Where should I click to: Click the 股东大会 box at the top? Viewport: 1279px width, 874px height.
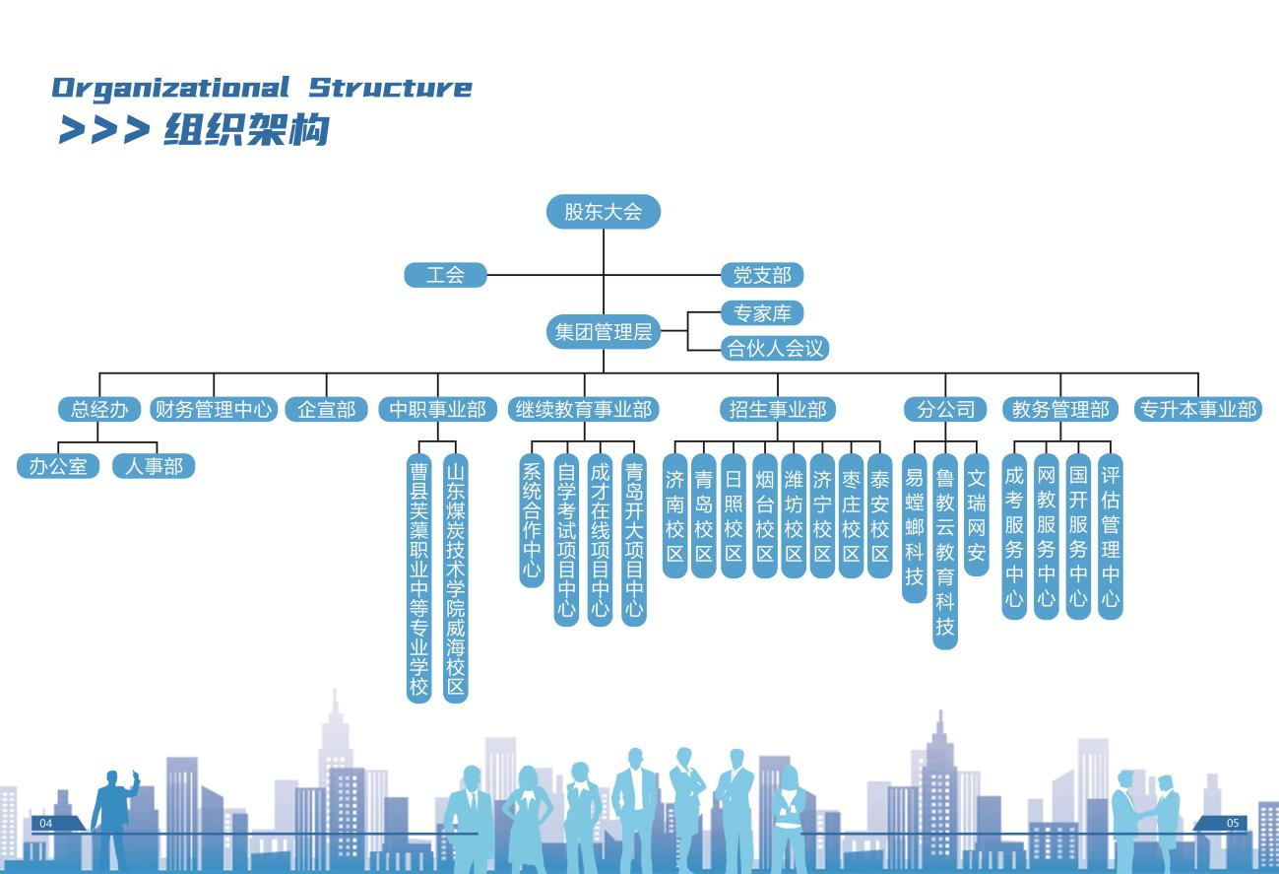603,212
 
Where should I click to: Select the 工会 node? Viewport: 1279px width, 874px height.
445,275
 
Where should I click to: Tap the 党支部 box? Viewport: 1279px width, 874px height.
762,275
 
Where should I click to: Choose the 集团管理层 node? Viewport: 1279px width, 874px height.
603,332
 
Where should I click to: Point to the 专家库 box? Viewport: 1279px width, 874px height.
762,313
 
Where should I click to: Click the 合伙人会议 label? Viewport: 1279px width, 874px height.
775,348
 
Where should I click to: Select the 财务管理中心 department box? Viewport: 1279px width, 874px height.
214,409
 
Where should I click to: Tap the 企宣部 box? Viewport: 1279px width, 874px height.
327,409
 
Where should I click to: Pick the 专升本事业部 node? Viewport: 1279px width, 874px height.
1198,409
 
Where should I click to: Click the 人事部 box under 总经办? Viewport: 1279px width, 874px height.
154,466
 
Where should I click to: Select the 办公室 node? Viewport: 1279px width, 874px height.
58,466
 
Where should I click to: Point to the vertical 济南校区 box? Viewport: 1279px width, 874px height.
674,515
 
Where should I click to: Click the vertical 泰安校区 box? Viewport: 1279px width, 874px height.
880,515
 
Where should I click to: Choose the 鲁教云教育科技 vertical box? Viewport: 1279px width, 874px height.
945,551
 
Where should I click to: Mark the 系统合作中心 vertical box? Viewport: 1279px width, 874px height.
532,519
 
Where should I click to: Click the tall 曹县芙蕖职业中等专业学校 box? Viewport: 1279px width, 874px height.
419,576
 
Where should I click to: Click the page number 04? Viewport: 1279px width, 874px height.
45,823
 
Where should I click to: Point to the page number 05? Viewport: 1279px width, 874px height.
1233,823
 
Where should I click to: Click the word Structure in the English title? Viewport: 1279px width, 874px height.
391,88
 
